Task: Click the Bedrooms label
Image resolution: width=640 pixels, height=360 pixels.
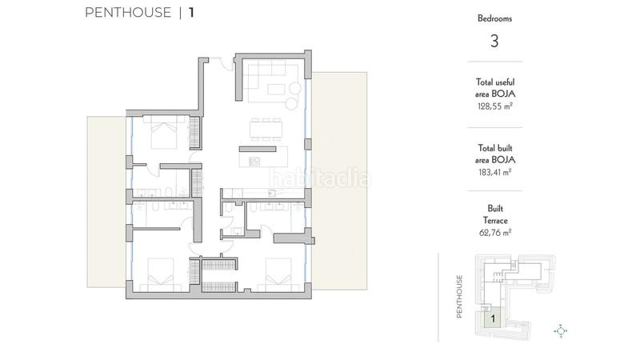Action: pos(494,18)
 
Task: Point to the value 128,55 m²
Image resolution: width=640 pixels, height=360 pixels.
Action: pos(494,105)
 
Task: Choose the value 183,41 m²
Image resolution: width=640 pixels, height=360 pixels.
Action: pos(494,171)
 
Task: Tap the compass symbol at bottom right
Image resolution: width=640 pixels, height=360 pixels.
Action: pos(561,330)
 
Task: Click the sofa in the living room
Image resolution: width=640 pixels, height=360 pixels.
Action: pos(270,80)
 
